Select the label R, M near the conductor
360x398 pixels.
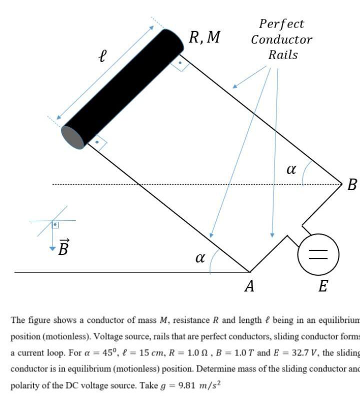[x=204, y=38]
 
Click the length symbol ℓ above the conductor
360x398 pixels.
[x=102, y=55]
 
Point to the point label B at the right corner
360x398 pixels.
[x=351, y=185]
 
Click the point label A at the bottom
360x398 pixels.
[x=249, y=286]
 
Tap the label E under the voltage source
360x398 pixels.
[x=323, y=286]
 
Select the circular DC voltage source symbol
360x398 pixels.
[x=318, y=255]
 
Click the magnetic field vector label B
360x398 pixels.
[x=63, y=247]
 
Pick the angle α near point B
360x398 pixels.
[x=291, y=169]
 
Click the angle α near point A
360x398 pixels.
[x=200, y=258]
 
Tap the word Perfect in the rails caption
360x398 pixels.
[x=281, y=24]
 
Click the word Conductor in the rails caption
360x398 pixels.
[x=281, y=40]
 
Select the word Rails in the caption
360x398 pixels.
[x=282, y=55]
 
